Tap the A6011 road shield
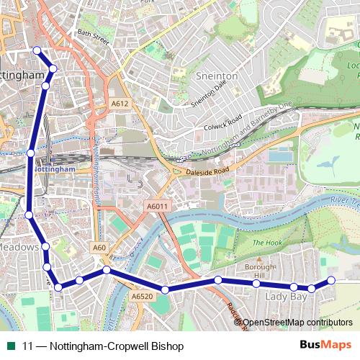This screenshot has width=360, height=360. point(157,207)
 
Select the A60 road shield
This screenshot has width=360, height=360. point(99,248)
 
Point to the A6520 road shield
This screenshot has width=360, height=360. point(143,296)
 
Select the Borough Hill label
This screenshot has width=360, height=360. point(260,271)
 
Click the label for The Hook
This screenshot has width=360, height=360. point(267,243)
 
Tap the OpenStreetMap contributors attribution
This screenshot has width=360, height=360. point(297,323)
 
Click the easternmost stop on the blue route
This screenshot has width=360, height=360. point(331,280)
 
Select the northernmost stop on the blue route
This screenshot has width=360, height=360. point(37,50)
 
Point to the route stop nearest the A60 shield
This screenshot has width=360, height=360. point(106,270)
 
